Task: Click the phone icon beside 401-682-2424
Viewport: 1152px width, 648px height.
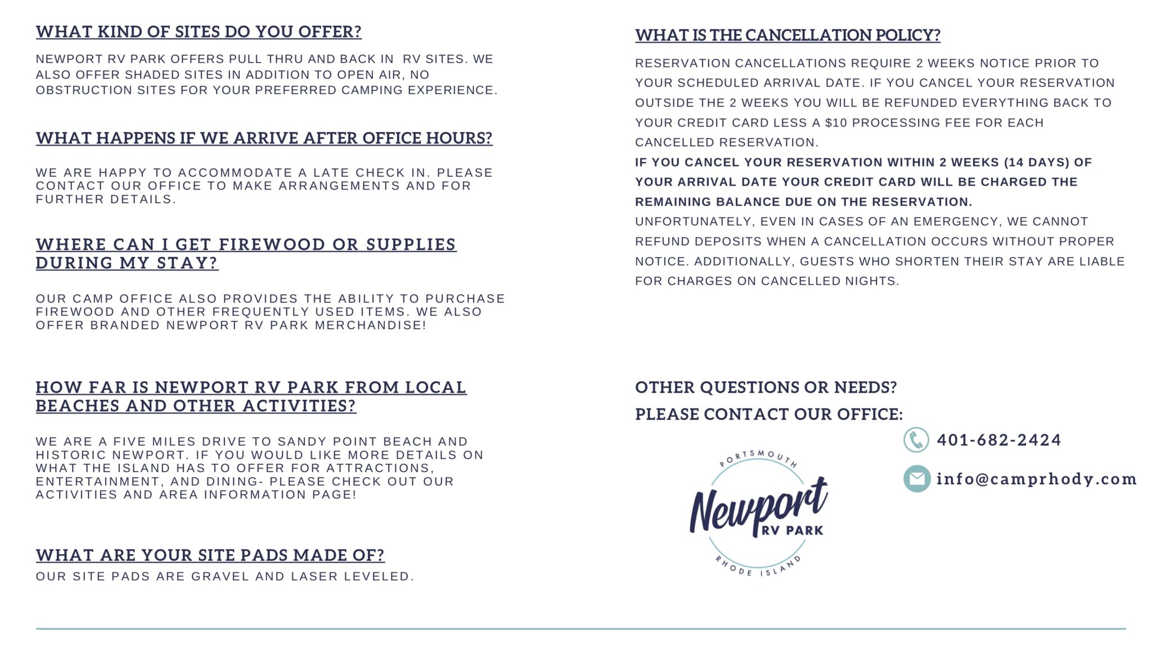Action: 916,440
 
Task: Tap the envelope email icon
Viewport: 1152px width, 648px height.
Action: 916,479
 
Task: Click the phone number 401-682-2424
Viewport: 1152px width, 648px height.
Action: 998,440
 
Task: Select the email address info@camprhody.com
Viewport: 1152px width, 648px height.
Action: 1036,479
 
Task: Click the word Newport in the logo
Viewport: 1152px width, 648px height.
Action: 757,506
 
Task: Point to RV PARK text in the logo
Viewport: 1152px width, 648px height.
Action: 792,530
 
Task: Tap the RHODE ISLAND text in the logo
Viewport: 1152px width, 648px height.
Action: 757,568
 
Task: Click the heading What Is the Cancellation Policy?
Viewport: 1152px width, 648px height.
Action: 787,35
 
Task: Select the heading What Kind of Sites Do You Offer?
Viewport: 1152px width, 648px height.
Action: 199,31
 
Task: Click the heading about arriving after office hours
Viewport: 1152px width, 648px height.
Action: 264,138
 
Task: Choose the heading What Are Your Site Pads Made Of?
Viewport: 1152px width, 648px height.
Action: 210,555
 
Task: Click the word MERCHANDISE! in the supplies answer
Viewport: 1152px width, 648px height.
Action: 370,325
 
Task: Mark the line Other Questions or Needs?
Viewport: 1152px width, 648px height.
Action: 766,388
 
